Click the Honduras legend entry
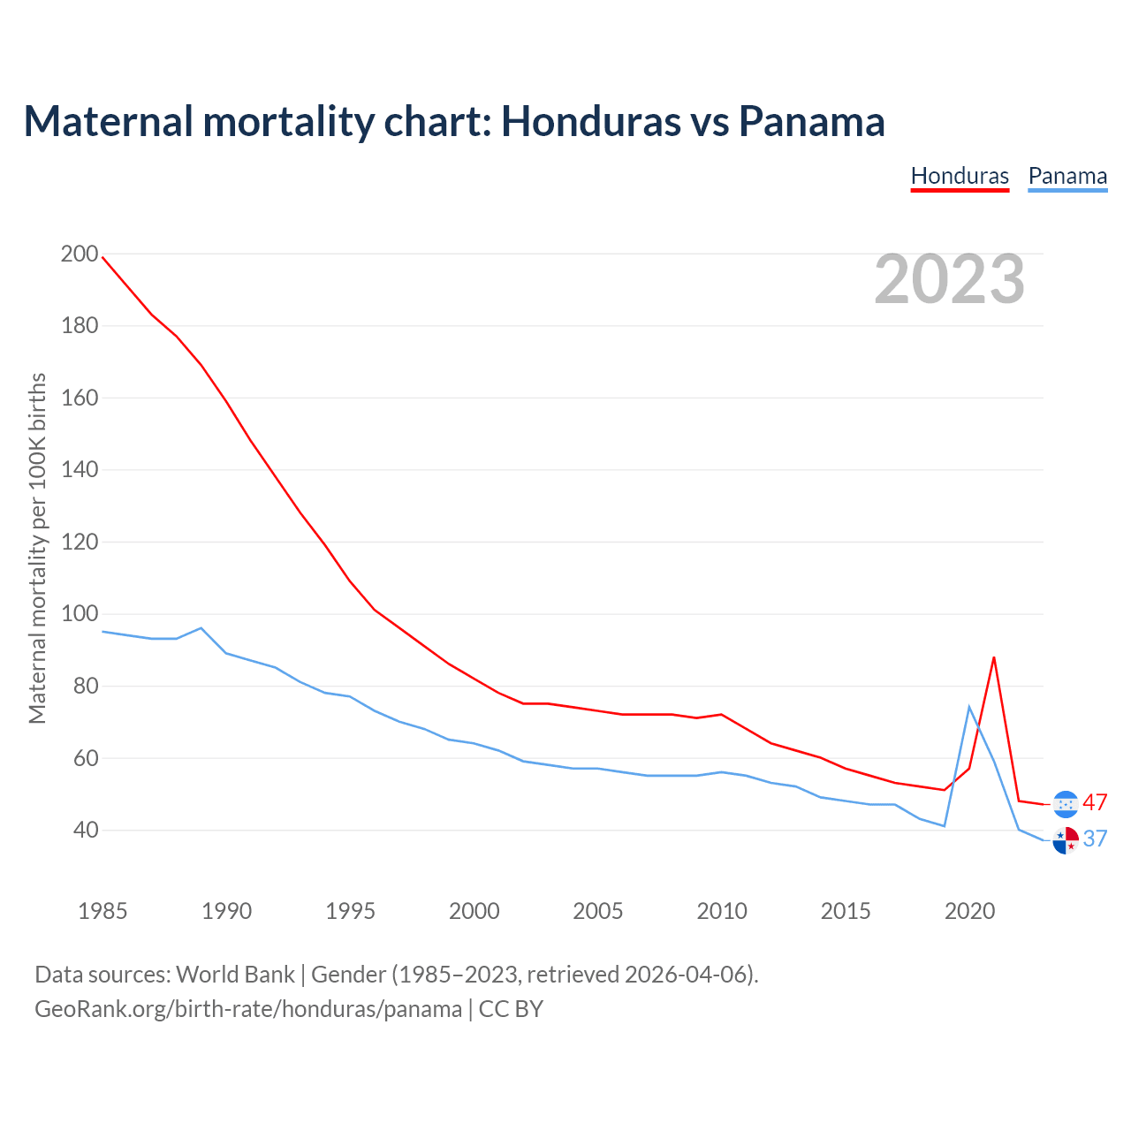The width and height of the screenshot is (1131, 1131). coord(960,176)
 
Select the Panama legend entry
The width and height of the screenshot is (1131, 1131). coord(1067,176)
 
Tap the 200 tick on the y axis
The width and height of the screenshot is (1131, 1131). coord(80,254)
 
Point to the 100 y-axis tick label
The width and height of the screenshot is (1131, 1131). coord(80,614)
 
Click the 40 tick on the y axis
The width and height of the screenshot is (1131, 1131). coord(86,831)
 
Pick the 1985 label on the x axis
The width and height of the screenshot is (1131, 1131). coord(102,911)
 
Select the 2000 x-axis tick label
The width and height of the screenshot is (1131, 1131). coord(474,911)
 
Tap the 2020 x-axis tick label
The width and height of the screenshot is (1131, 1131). coord(969,911)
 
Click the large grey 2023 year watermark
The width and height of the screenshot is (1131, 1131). coord(950,279)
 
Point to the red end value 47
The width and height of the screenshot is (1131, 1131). coord(1095,802)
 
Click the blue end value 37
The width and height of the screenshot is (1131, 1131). coord(1095,839)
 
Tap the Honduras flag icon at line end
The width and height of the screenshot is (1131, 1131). coord(1066,803)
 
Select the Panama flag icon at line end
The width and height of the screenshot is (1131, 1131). coord(1066,840)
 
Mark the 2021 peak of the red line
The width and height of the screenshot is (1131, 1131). coord(994,657)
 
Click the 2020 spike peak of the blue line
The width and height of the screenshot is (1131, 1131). coord(969,706)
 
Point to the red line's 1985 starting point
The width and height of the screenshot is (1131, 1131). coord(102,257)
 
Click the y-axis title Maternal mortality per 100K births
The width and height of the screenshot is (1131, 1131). coord(37,548)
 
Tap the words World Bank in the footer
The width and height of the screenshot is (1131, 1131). coord(235,975)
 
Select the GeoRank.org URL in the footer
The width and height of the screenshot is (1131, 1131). coord(248,1009)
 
